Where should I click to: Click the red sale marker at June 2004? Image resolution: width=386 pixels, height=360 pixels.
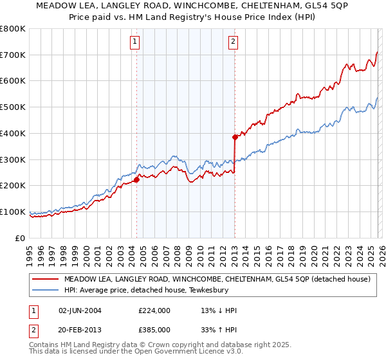[136, 180]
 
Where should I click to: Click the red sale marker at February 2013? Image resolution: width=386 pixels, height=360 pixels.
[235, 137]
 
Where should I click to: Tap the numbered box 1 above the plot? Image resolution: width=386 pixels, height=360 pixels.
[135, 42]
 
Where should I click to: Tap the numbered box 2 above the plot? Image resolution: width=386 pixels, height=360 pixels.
[232, 42]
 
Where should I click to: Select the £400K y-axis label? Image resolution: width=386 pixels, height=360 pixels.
[13, 133]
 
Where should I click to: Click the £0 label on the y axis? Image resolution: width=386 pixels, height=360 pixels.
[21, 238]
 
